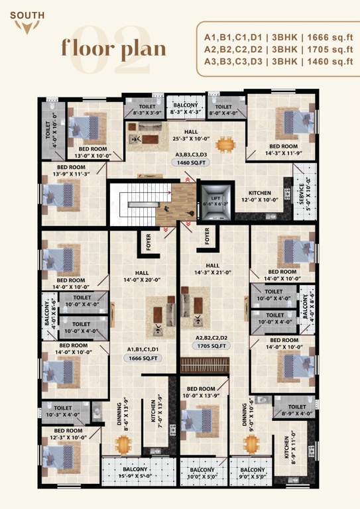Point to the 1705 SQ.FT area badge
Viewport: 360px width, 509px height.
pos(211,346)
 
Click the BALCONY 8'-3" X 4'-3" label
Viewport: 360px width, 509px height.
pos(185,109)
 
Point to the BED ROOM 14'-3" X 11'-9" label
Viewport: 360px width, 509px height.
pos(283,149)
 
